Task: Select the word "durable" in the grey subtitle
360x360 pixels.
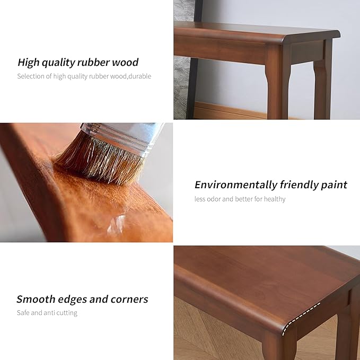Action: (x=139, y=76)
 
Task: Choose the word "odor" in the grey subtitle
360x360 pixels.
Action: (x=214, y=199)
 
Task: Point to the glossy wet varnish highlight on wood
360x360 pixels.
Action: (x=116, y=224)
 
